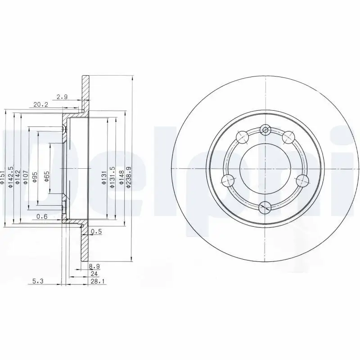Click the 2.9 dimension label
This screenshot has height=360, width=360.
63,97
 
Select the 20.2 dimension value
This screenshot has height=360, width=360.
41,105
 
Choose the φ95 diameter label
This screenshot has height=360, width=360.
36,177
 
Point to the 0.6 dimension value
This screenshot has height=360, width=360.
42,217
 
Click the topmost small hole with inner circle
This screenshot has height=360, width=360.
266,130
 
